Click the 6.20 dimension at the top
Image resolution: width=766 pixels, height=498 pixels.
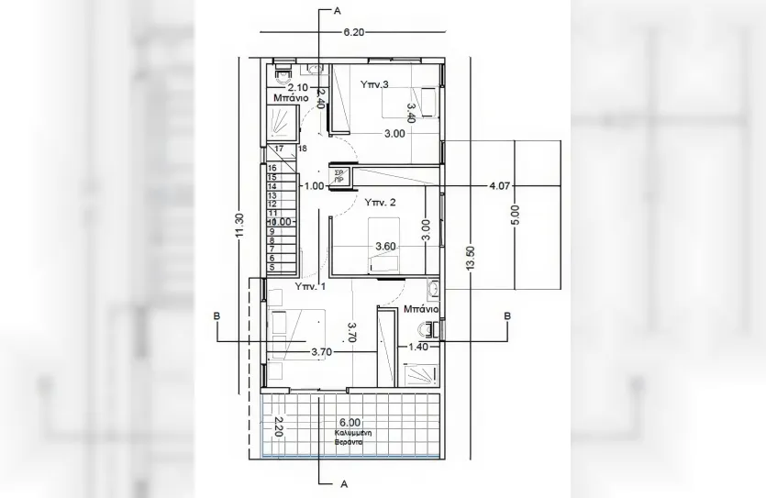tap(353, 31)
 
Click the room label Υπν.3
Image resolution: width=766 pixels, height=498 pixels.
tap(374, 84)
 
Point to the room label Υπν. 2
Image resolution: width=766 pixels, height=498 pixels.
tap(380, 201)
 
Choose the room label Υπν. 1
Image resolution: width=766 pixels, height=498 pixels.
tap(310, 286)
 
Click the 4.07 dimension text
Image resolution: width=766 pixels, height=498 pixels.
tap(500, 185)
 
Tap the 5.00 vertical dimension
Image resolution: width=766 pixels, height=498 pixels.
tap(516, 215)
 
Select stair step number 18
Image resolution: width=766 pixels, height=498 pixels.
tap(302, 148)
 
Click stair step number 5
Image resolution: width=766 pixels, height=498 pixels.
tap(272, 267)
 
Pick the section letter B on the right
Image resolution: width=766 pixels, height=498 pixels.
tap(507, 316)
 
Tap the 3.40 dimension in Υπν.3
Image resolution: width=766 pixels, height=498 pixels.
tap(412, 112)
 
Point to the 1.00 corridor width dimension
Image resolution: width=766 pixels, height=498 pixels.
tap(313, 185)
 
